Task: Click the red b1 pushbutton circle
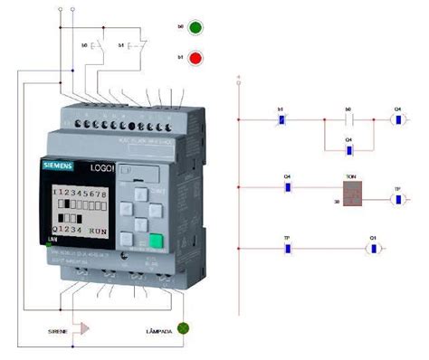click(x=194, y=58)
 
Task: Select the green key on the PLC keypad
click(x=157, y=242)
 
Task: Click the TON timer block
click(x=351, y=189)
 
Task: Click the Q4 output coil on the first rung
click(x=396, y=118)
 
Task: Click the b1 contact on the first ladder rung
click(x=281, y=118)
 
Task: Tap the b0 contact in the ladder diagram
click(x=348, y=118)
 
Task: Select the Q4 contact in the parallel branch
click(x=348, y=147)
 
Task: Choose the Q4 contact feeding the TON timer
click(x=287, y=189)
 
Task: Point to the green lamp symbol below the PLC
click(x=184, y=328)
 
